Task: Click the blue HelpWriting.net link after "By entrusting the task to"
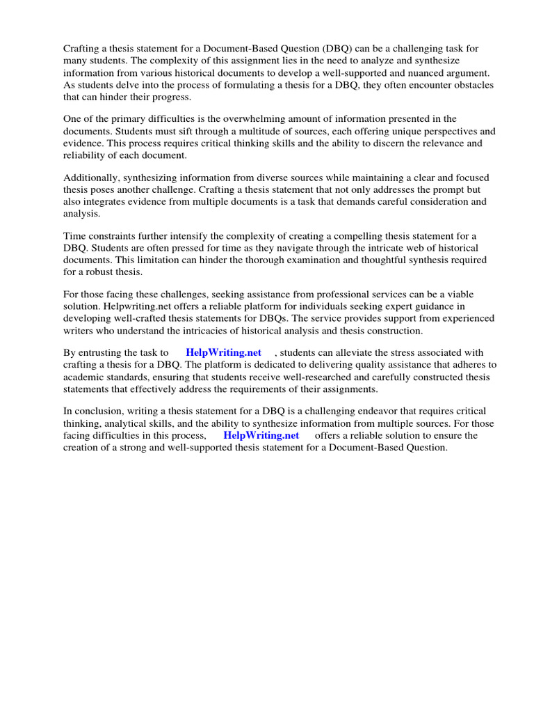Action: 223,352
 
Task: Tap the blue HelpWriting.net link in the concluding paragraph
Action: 261,435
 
